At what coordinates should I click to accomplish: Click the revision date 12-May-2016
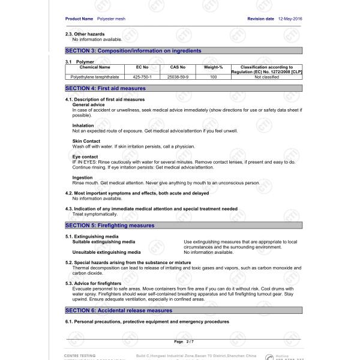290,19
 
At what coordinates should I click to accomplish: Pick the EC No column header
142,67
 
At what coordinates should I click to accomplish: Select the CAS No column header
178,67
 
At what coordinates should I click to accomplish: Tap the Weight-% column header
214,67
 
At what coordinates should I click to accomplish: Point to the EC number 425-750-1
142,77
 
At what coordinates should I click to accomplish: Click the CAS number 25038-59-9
178,77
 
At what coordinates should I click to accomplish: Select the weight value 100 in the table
214,77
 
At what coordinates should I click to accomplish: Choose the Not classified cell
266,77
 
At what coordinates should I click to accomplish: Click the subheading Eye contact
85,157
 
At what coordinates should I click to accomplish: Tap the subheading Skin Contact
86,141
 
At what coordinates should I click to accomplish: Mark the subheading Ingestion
83,178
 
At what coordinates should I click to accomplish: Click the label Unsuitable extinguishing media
107,252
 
